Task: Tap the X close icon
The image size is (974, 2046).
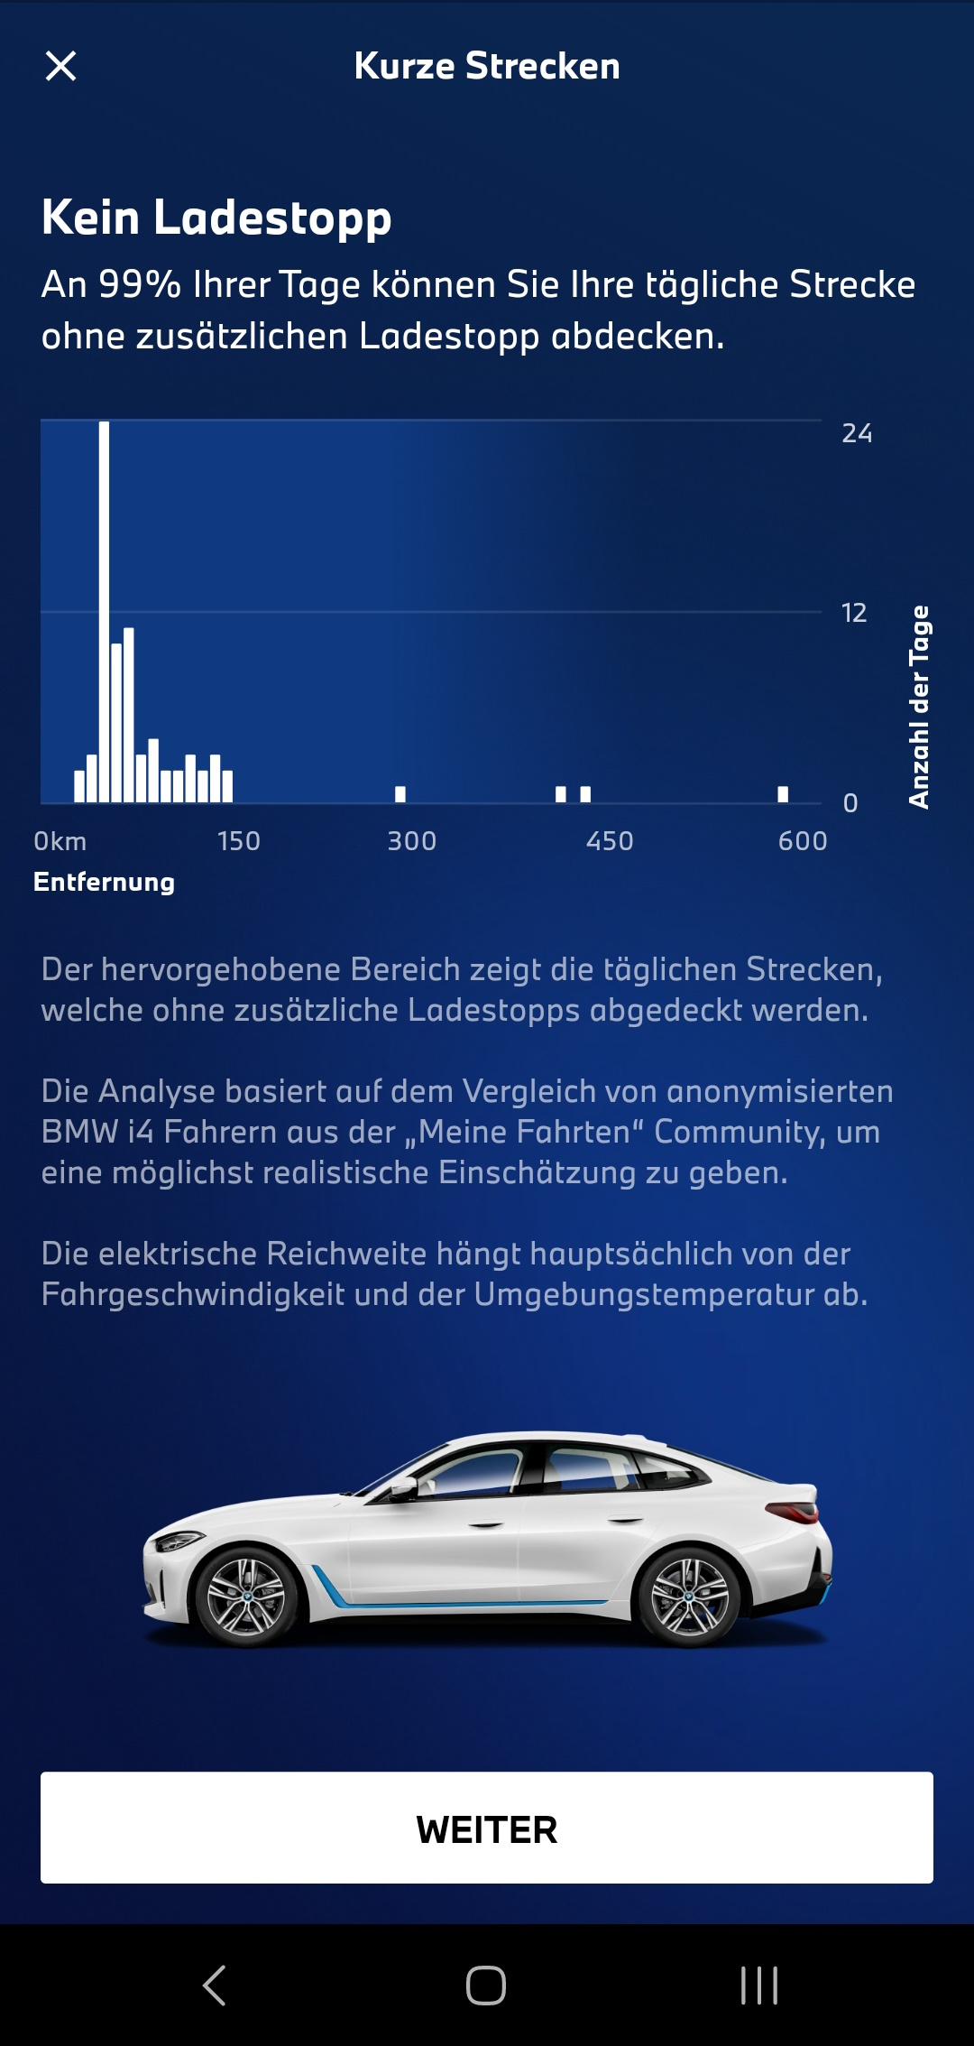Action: [60, 66]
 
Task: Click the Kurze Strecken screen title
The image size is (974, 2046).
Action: [487, 66]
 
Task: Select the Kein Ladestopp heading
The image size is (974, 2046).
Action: [216, 219]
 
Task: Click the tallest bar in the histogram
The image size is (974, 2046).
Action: [104, 611]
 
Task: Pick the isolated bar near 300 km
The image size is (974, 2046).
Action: [400, 794]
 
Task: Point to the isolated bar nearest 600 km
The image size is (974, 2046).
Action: [783, 794]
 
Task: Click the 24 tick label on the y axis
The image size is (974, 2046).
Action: [857, 433]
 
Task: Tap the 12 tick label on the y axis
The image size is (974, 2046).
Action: [853, 613]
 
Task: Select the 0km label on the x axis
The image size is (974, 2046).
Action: [60, 841]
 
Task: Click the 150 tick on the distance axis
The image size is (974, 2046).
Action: [239, 841]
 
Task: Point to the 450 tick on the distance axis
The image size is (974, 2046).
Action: [610, 841]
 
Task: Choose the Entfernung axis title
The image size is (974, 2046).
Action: [104, 882]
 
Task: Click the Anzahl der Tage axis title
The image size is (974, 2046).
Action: [918, 707]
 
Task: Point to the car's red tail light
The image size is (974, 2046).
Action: [795, 1510]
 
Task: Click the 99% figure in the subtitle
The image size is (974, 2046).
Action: [140, 284]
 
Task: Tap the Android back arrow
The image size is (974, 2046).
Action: [215, 1986]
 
